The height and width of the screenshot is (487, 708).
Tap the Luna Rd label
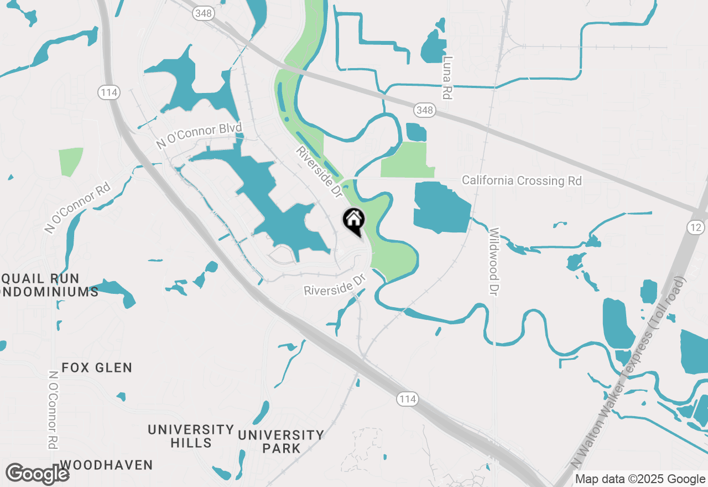[447, 78]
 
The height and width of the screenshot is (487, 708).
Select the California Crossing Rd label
[522, 180]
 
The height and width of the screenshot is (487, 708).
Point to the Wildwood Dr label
[494, 261]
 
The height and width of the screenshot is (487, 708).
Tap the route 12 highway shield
[695, 227]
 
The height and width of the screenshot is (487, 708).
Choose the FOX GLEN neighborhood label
[97, 367]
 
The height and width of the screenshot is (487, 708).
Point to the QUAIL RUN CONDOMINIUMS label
[47, 285]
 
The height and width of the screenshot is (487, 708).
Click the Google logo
[37, 474]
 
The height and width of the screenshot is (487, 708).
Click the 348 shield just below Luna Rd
[424, 111]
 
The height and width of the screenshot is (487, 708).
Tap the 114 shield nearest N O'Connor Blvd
[109, 92]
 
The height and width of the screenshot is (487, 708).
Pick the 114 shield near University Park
[407, 398]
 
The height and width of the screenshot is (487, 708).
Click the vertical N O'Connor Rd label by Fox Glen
[54, 410]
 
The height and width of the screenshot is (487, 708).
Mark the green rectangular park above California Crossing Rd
[404, 159]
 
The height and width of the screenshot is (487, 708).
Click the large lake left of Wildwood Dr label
[441, 208]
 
